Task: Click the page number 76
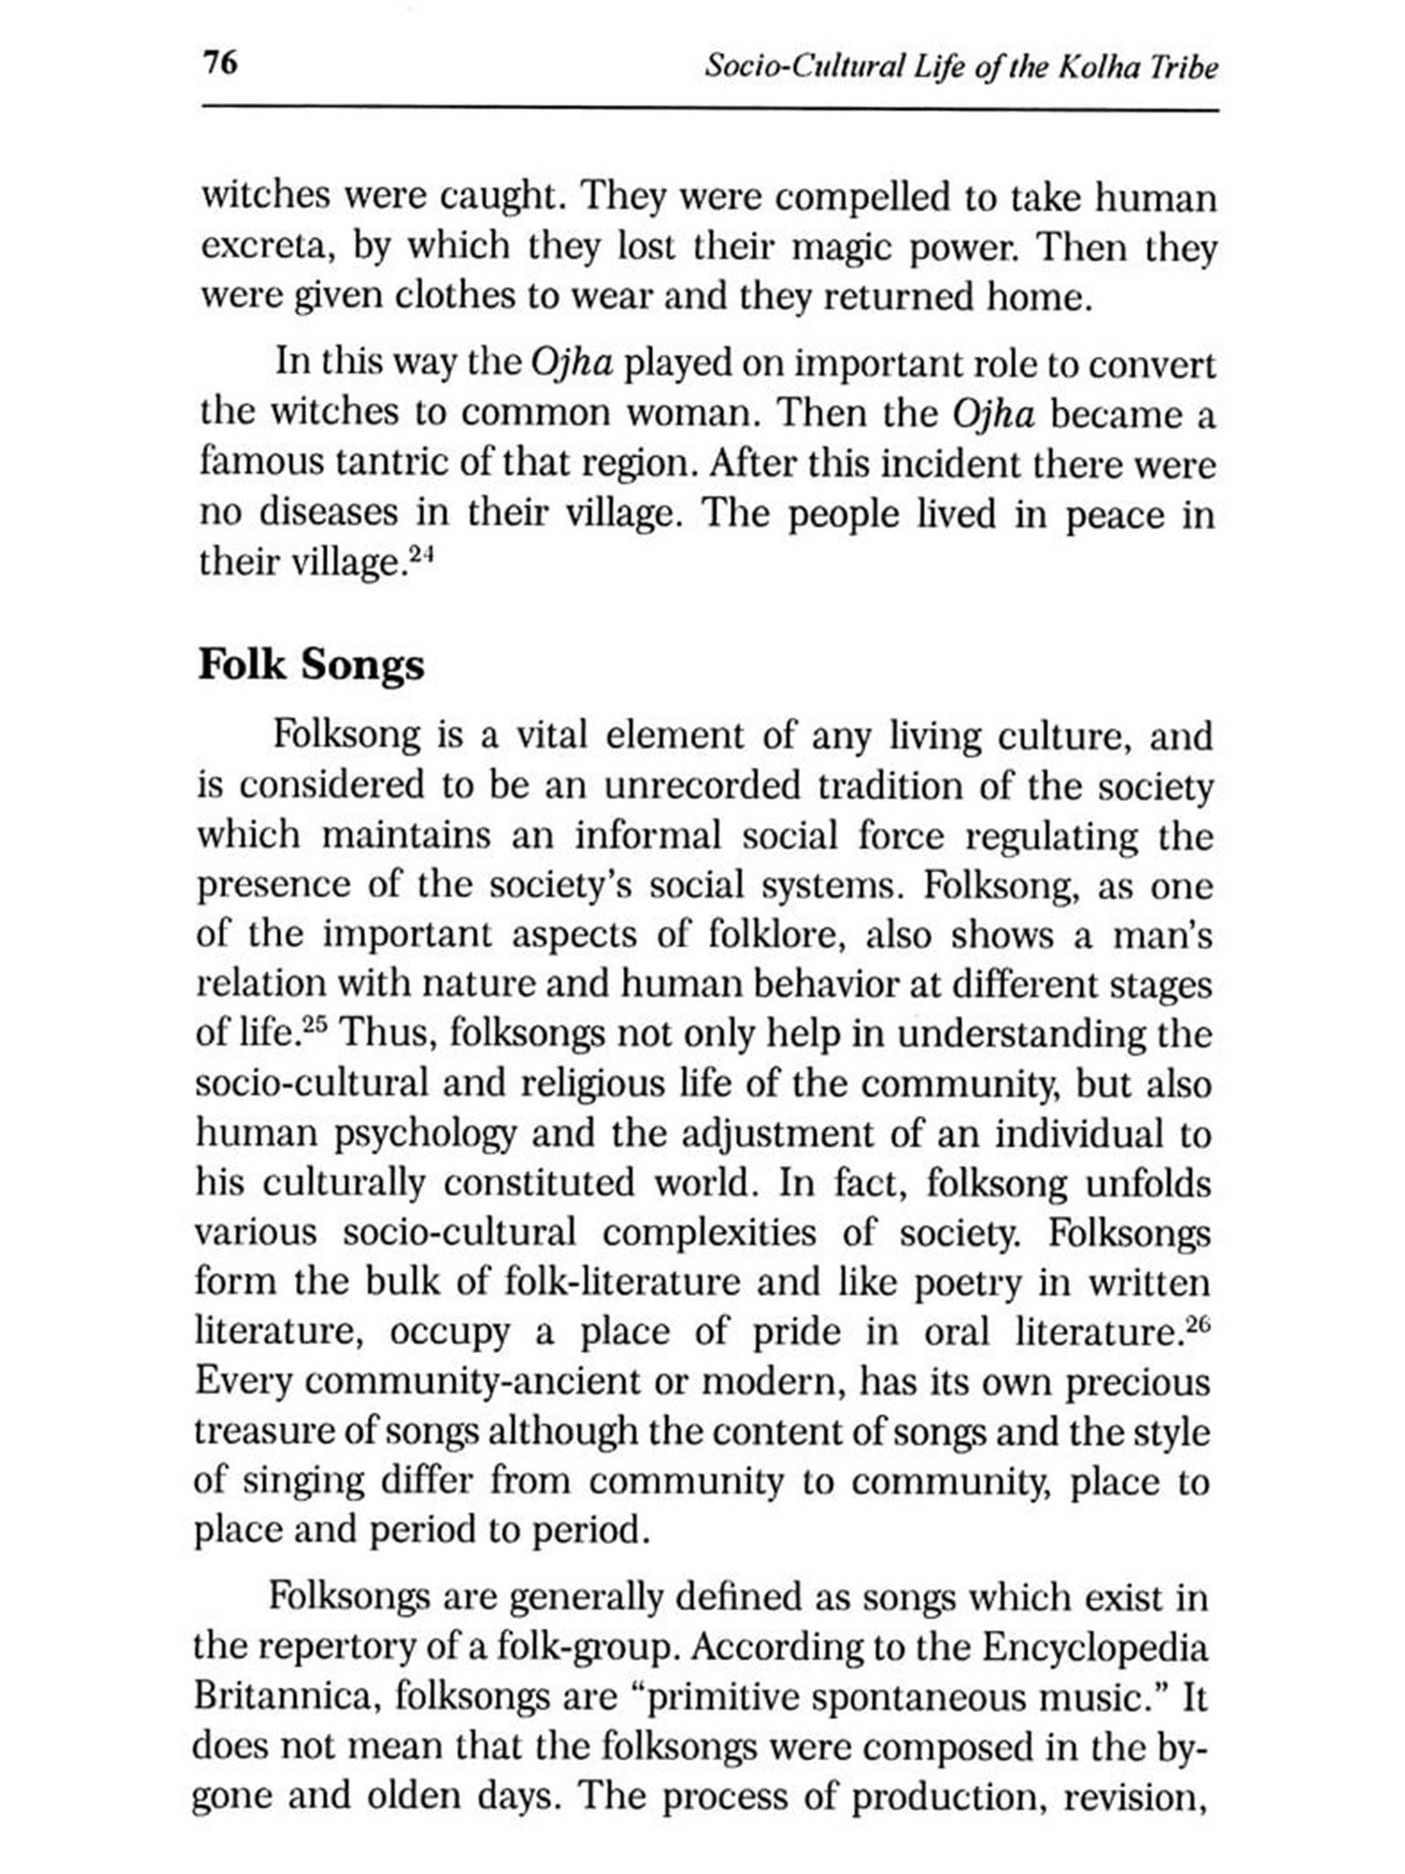(x=220, y=65)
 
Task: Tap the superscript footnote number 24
(x=422, y=553)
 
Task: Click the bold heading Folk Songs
(x=311, y=664)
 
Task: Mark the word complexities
(x=709, y=1233)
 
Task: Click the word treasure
(x=254, y=1432)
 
